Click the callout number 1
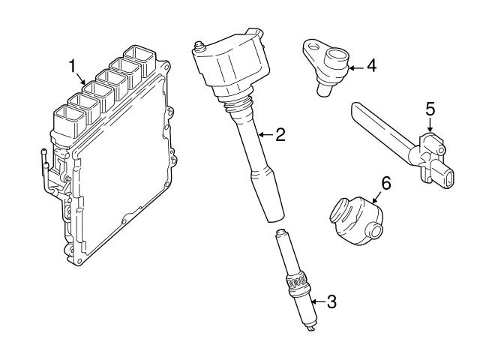pyautogui.click(x=72, y=66)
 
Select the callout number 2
pyautogui.click(x=280, y=134)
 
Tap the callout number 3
pyautogui.click(x=331, y=301)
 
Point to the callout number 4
pyautogui.click(x=372, y=65)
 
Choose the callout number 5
pyautogui.click(x=430, y=109)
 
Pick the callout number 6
pyautogui.click(x=386, y=183)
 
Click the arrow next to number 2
pyautogui.click(x=265, y=134)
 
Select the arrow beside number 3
pyautogui.click(x=318, y=301)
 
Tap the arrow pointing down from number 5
pyautogui.click(x=430, y=125)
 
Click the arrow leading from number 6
pyautogui.click(x=377, y=197)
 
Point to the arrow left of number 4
pyautogui.click(x=356, y=68)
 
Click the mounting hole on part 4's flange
pyautogui.click(x=313, y=46)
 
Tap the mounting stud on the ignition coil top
pyautogui.click(x=200, y=46)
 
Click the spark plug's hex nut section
pyautogui.click(x=295, y=280)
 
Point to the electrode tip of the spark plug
pyautogui.click(x=311, y=329)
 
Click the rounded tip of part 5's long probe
pyautogui.click(x=355, y=108)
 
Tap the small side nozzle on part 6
pyautogui.click(x=375, y=232)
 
